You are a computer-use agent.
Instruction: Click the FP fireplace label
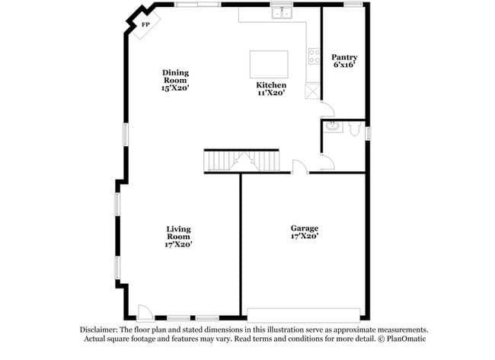[145, 24]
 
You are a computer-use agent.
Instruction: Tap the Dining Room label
[175, 76]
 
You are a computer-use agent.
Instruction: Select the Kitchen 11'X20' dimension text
[272, 93]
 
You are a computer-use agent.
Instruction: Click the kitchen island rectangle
[269, 64]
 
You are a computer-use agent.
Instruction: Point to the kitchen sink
[282, 13]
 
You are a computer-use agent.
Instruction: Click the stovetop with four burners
[314, 56]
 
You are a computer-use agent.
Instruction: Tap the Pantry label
[344, 57]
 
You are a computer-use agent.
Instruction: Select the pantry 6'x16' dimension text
[344, 65]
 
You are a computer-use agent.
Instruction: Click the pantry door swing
[328, 109]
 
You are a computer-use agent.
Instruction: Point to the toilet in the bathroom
[355, 129]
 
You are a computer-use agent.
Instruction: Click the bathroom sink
[333, 126]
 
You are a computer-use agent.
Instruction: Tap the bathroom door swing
[327, 161]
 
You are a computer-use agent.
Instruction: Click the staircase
[242, 161]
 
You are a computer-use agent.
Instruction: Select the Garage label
[305, 228]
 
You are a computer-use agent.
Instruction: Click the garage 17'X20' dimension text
[305, 236]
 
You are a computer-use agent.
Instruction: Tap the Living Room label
[179, 233]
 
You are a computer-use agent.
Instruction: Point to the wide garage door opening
[303, 315]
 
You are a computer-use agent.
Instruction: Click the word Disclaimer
[99, 330]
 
